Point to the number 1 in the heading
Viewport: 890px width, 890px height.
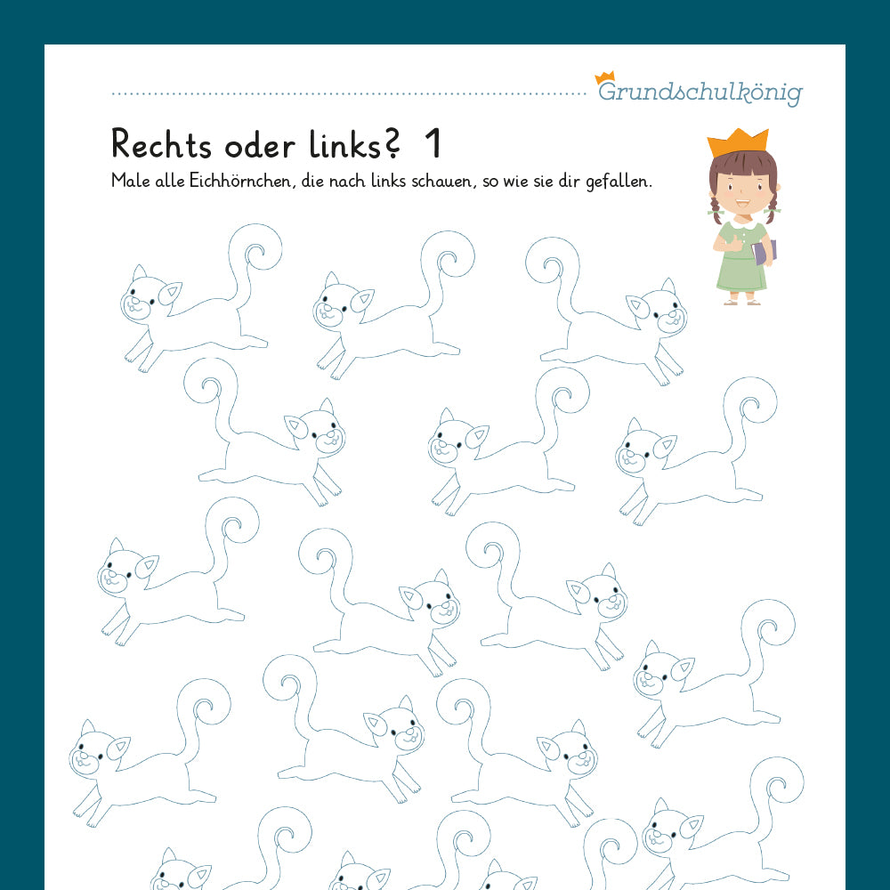pos(433,144)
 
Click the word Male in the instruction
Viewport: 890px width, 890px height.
pos(128,181)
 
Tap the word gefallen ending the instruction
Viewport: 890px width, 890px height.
pos(620,181)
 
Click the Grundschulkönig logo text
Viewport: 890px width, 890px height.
pos(701,93)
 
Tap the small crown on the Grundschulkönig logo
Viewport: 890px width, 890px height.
pos(605,77)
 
